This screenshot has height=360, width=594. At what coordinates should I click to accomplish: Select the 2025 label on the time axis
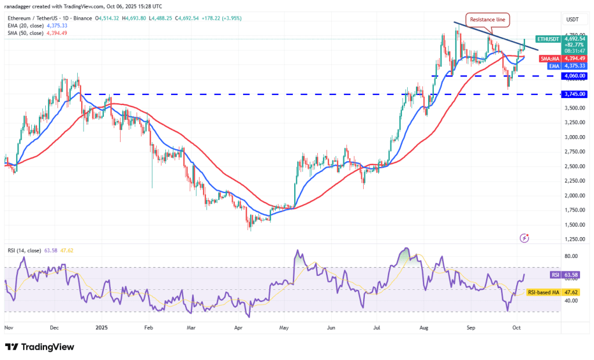point(102,328)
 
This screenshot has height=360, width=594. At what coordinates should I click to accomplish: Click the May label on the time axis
point(284,328)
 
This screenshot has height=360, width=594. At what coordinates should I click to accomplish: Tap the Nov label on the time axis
point(9,328)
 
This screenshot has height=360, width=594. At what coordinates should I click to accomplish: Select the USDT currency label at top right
point(572,19)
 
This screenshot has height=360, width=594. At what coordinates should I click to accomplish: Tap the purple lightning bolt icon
point(524,238)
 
